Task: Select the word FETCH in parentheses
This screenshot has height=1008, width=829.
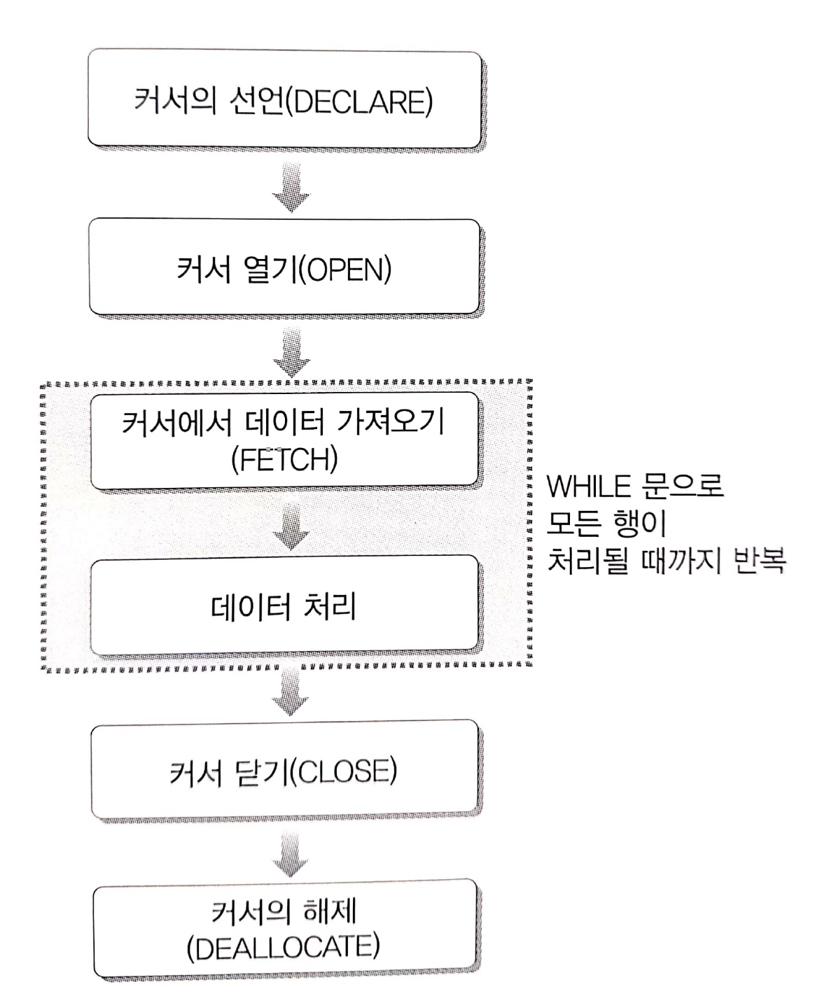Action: click(284, 460)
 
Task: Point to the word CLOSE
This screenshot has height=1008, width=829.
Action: click(342, 772)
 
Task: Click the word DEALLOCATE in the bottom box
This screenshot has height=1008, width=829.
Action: click(284, 948)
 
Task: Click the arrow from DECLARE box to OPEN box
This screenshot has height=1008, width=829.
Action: click(291, 187)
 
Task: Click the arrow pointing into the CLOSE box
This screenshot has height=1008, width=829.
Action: click(291, 693)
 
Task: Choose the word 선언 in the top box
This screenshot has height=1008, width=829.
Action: click(256, 102)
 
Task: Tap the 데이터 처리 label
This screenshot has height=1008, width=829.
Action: click(284, 606)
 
